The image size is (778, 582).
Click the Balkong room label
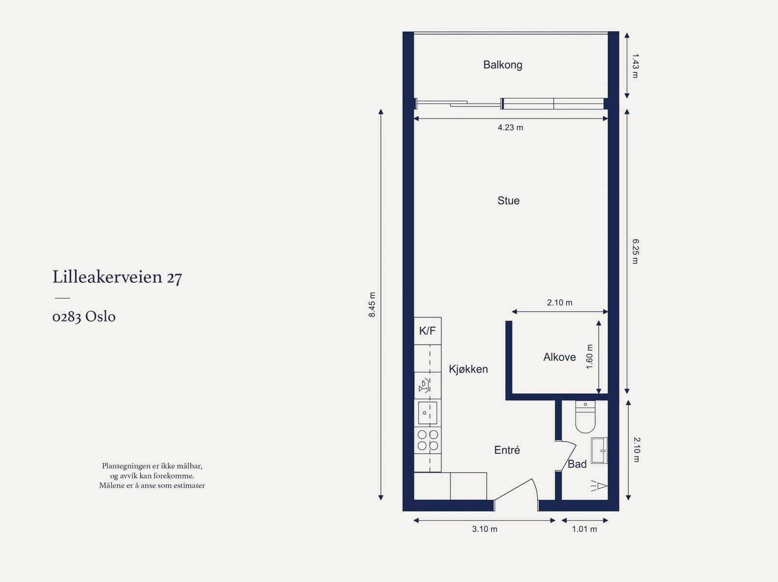503,65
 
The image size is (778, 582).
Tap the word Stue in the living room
508,201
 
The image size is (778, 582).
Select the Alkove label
559,357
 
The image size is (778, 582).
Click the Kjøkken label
468,369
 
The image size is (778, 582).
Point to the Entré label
507,450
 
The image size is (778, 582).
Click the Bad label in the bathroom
577,464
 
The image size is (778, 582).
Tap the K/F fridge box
427,331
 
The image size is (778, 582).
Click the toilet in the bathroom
585,417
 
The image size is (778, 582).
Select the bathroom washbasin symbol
599,450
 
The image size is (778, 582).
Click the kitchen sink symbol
427,413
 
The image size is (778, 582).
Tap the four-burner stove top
428,440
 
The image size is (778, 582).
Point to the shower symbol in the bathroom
599,486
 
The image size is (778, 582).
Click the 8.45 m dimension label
372,305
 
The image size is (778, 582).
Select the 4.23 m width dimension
511,127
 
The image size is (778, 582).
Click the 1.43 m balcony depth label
635,66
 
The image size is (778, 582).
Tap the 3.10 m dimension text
484,529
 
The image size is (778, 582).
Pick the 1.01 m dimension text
584,529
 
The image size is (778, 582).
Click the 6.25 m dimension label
635,251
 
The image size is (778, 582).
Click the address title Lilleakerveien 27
117,277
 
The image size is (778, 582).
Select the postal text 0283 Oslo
84,316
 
